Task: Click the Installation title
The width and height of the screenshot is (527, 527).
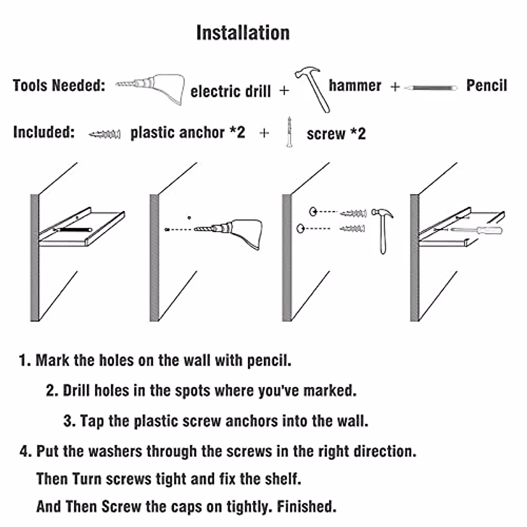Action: [243, 33]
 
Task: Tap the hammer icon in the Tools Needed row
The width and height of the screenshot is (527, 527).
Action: [314, 88]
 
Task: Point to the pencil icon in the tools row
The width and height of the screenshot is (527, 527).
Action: [430, 88]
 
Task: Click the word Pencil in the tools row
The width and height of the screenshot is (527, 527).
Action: [486, 85]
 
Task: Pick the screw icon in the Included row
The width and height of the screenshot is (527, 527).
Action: [289, 131]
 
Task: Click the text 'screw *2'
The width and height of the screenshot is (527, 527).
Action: [336, 134]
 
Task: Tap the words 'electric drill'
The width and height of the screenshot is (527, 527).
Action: [231, 91]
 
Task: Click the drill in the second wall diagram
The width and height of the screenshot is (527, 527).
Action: [233, 231]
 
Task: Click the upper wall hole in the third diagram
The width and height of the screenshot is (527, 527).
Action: [313, 212]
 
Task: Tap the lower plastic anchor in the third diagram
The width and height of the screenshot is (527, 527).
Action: [353, 228]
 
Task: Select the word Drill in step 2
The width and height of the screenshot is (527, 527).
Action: [77, 390]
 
